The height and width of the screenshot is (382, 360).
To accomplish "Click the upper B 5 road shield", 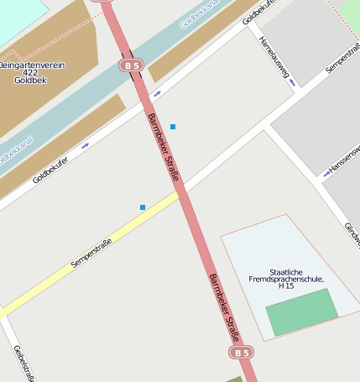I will click(130, 65).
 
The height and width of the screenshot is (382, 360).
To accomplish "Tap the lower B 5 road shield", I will click(242, 353).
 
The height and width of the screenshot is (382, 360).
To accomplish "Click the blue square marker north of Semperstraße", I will click(173, 127).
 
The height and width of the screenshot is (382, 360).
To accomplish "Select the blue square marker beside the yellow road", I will click(143, 207).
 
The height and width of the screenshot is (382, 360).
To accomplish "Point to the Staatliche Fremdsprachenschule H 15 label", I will click(286, 278).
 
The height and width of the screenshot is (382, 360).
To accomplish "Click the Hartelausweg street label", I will click(274, 58).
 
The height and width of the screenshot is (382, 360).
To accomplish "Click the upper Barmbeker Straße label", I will click(164, 147).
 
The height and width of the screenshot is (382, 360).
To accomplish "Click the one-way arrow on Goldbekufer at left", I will click(85, 145).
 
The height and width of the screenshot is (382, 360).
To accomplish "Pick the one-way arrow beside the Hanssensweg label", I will click(326, 174).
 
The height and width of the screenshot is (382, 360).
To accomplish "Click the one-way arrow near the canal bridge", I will click(156, 94).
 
